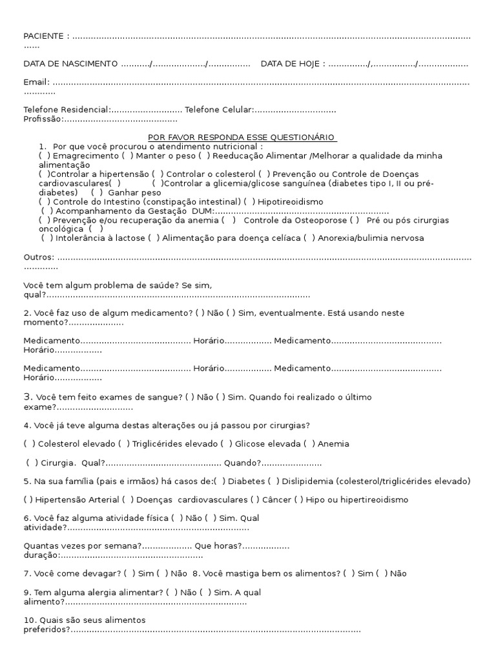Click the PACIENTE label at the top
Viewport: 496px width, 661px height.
pyautogui.click(x=44, y=36)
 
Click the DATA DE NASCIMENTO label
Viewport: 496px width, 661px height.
pyautogui.click(x=70, y=64)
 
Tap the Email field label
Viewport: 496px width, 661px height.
pyautogui.click(x=36, y=83)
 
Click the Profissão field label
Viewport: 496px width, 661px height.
pyautogui.click(x=43, y=119)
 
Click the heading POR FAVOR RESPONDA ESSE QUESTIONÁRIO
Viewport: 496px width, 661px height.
pyautogui.click(x=242, y=137)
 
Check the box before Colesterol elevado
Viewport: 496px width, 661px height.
pyautogui.click(x=29, y=443)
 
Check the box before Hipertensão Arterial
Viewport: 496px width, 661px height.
pyautogui.click(x=28, y=500)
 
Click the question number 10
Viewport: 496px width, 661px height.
pyautogui.click(x=29, y=620)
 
